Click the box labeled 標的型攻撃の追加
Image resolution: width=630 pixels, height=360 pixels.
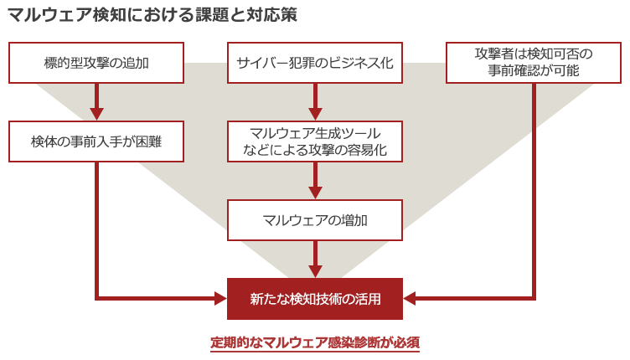click(96, 62)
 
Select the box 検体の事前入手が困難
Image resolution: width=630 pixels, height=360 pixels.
click(96, 141)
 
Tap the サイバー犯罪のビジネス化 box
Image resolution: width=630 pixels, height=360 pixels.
click(315, 62)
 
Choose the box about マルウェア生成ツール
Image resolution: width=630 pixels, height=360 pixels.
click(315, 141)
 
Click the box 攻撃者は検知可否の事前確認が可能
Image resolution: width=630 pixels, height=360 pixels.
click(534, 62)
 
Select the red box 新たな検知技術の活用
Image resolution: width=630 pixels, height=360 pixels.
click(315, 298)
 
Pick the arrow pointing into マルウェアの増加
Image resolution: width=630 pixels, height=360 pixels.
click(315, 182)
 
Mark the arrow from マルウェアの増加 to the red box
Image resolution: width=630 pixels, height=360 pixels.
click(315, 259)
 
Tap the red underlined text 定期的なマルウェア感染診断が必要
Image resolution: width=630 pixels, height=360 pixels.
click(315, 342)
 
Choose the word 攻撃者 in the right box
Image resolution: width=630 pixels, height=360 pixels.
click(494, 54)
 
